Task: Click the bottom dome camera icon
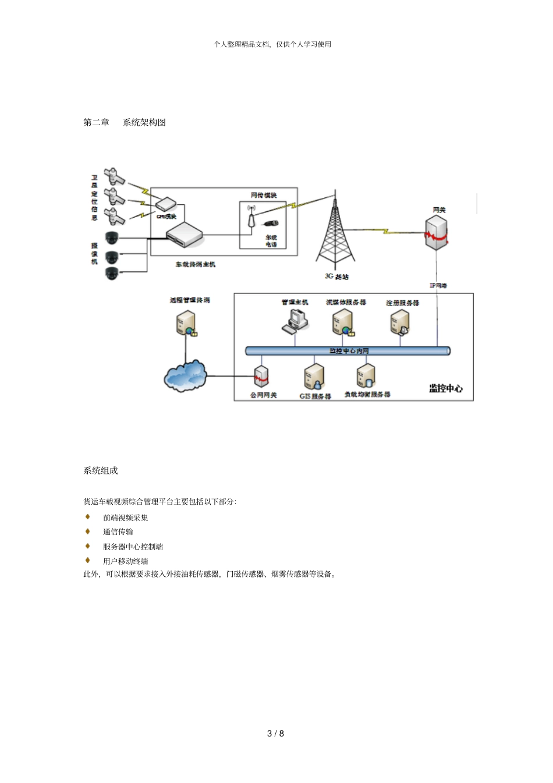(x=112, y=272)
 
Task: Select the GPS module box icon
(x=165, y=204)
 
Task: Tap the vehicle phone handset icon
(x=271, y=223)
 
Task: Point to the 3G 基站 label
(x=336, y=276)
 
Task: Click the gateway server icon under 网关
(x=437, y=232)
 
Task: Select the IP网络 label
(x=438, y=285)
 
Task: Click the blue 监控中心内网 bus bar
(x=348, y=350)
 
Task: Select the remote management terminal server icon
(x=186, y=324)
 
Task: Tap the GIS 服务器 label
(x=315, y=396)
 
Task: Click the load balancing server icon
(x=366, y=376)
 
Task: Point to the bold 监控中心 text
(x=446, y=388)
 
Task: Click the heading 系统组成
(x=100, y=470)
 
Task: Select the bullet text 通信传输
(x=118, y=532)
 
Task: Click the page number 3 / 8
(x=275, y=733)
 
